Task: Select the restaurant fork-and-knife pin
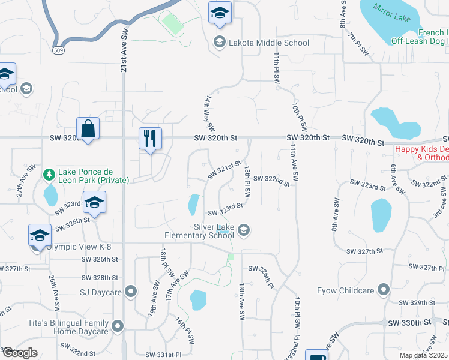click(x=150, y=139)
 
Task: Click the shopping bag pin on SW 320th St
click(x=88, y=128)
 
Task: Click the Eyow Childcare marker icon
click(x=383, y=291)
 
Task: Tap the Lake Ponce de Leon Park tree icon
click(x=50, y=174)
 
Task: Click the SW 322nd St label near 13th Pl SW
click(x=271, y=179)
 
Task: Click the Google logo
click(x=20, y=353)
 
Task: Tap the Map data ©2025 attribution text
click(x=423, y=355)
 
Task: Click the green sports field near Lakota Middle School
click(x=173, y=25)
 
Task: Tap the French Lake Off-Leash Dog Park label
click(x=420, y=37)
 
